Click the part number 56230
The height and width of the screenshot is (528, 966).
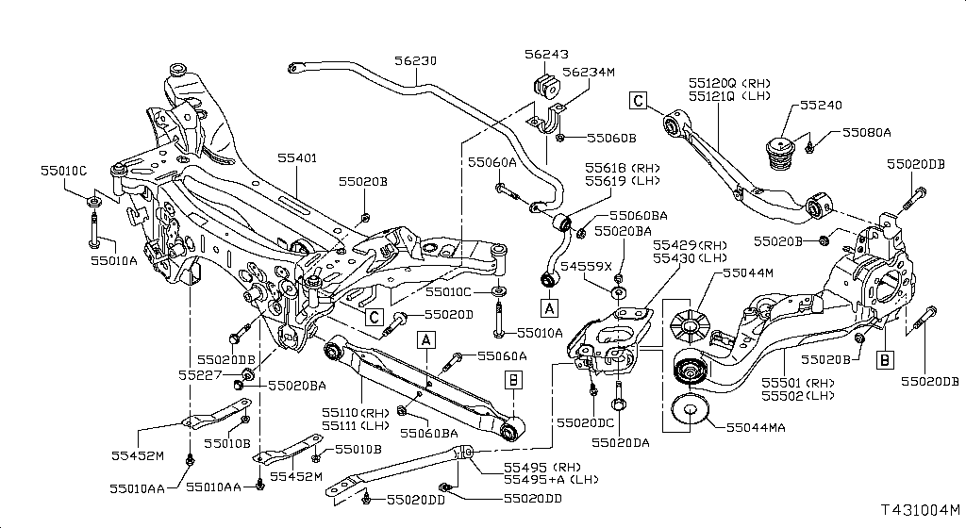415,60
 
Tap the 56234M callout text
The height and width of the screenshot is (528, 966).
588,72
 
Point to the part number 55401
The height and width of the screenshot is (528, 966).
298,158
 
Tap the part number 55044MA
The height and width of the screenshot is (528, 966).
757,427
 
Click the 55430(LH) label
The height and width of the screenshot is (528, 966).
691,257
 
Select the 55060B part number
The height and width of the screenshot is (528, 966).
611,138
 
